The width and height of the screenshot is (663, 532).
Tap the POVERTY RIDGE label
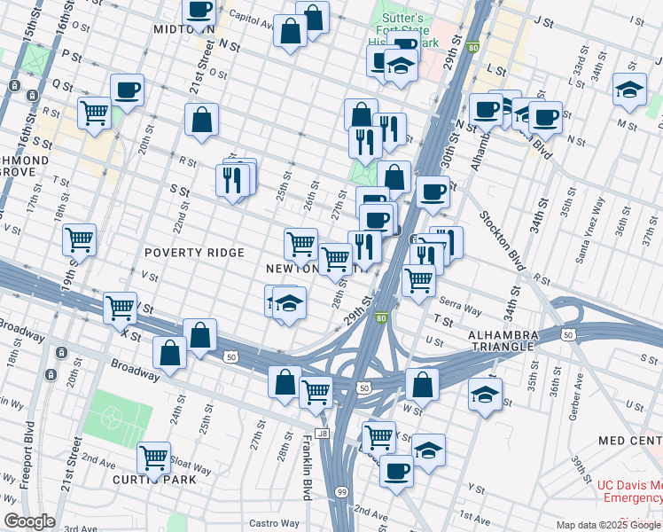194,254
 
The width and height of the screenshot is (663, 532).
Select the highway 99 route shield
339,492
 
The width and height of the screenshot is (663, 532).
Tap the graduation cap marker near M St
629,89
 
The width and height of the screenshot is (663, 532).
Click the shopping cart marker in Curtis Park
153,458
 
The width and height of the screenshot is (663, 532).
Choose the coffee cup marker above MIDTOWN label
199,11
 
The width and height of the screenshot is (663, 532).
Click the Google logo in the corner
29,521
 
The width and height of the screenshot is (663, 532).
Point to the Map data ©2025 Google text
608,525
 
